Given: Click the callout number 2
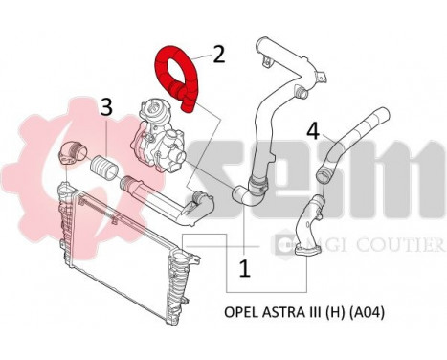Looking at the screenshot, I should click(x=219, y=53).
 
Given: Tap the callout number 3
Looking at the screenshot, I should click(x=106, y=106).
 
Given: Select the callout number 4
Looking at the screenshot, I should click(x=312, y=128).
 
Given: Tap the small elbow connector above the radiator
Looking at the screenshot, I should click(x=71, y=152).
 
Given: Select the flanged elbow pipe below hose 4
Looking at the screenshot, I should click(x=312, y=225).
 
